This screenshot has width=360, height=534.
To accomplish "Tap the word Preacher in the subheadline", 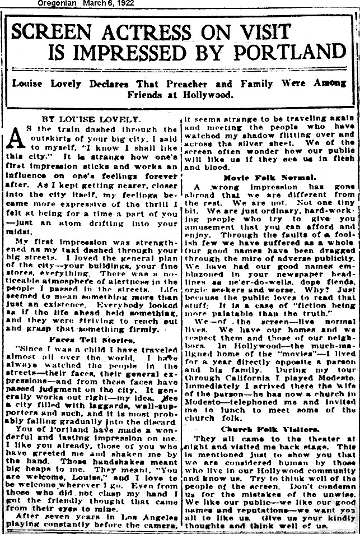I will click(x=194, y=83).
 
